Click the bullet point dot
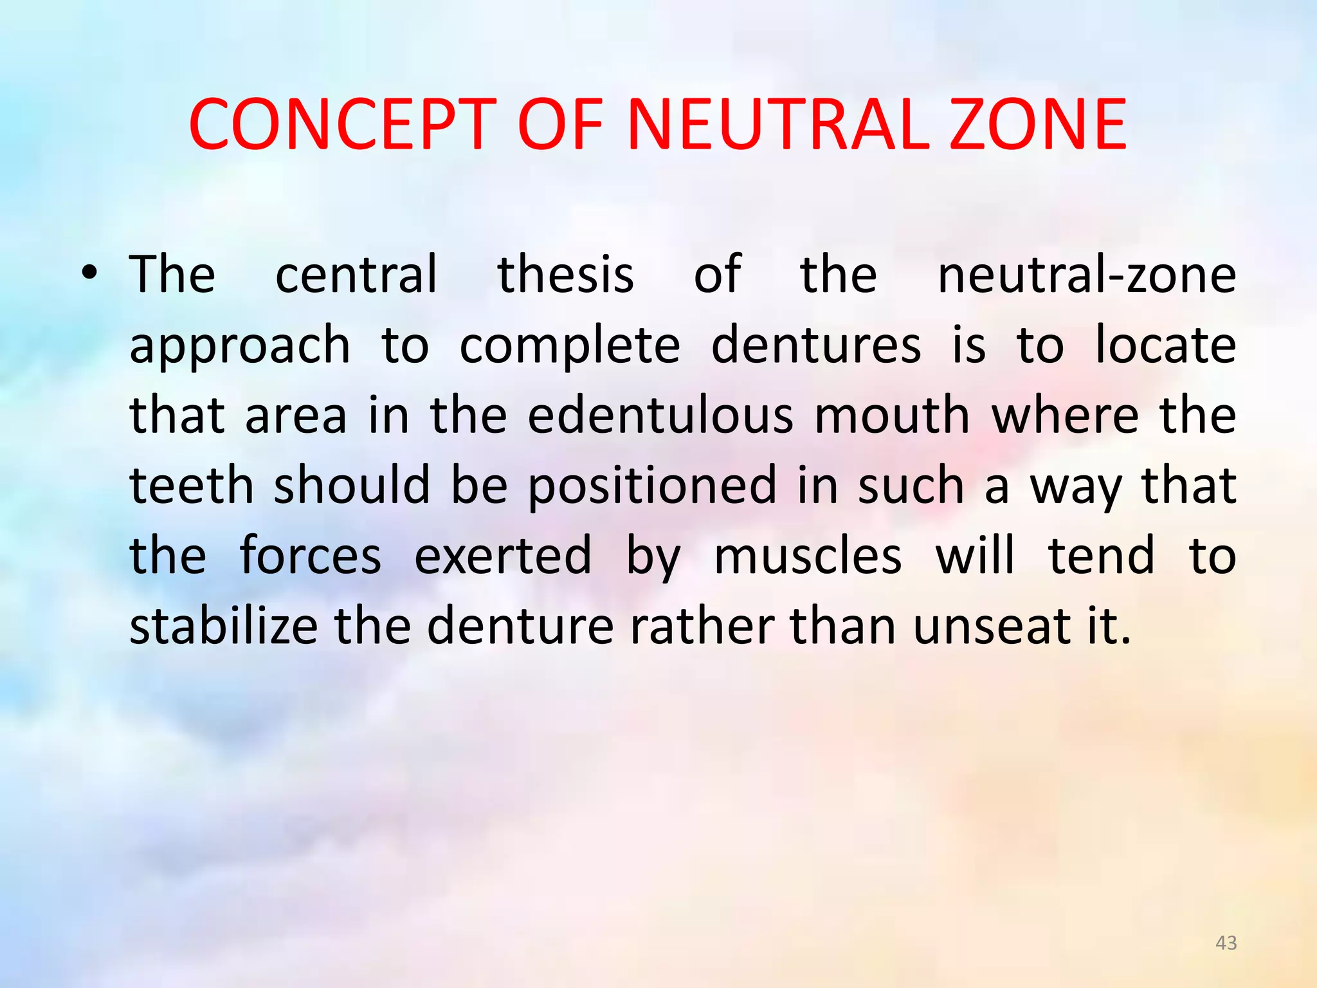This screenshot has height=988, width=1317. tap(89, 275)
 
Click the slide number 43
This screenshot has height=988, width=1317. tap(1226, 943)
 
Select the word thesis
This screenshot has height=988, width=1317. tap(566, 275)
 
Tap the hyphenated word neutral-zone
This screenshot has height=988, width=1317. tap(1087, 275)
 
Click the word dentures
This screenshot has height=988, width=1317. tap(816, 345)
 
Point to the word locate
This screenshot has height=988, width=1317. tap(1165, 345)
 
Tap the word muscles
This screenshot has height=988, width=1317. tap(808, 556)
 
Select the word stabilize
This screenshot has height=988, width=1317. tap(224, 626)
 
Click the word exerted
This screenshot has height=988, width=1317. tap(502, 556)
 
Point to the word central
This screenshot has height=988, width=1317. tap(356, 275)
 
